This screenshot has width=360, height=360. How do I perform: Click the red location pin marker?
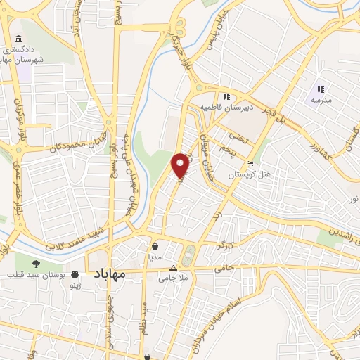181,164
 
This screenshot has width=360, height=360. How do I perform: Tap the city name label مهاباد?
108,274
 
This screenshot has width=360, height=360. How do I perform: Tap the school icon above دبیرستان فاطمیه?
226,97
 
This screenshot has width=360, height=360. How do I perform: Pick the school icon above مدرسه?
321,89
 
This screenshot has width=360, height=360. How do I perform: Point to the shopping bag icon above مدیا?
155,247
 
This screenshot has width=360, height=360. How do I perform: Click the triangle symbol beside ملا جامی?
174,268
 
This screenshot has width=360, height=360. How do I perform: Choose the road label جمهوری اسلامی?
110,313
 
